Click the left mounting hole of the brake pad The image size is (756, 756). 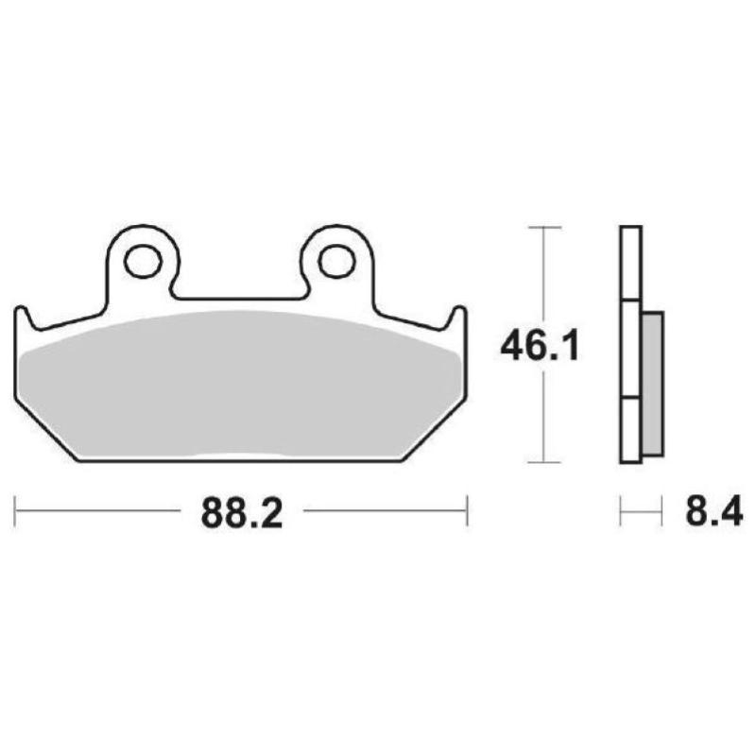143,262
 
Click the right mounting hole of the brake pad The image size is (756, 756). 335,262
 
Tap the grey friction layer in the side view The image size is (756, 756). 652,382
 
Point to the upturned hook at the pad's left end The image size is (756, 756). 24,318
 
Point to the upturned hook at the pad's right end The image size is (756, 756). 457,318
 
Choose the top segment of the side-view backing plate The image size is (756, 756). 630,264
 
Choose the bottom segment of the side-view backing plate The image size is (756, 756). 630,430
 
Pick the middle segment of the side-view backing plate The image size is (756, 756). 630,349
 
